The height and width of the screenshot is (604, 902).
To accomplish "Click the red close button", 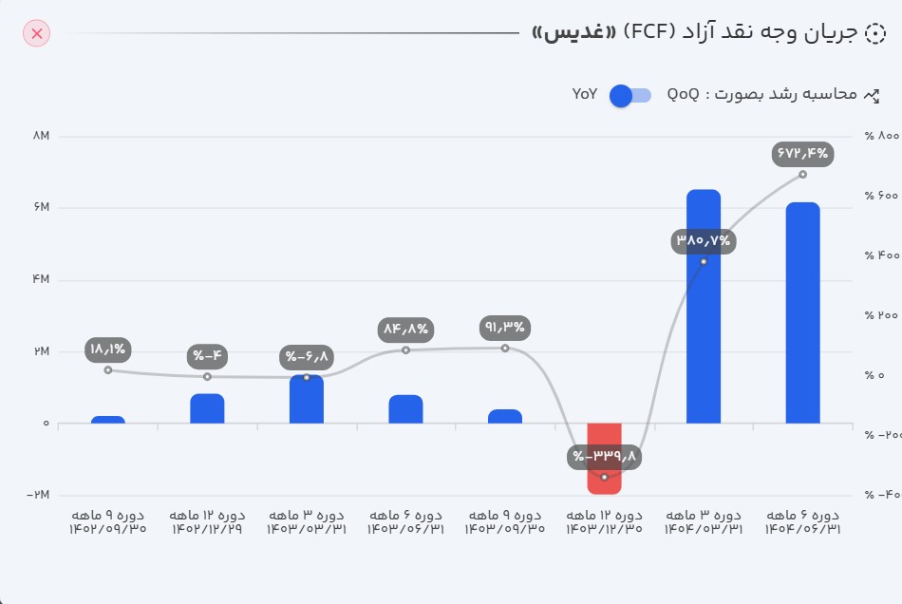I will point(36,34).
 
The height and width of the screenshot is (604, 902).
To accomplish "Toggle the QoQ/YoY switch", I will point(630,95).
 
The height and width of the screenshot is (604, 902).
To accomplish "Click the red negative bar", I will point(604,458).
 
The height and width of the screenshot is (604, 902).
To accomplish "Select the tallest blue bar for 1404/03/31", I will point(704,306).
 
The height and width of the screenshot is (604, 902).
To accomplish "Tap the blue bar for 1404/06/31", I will point(802,312).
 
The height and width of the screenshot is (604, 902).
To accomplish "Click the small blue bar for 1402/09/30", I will point(108,420).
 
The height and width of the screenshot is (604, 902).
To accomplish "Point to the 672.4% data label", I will point(802,152).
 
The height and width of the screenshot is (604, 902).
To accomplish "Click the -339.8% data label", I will point(605,457).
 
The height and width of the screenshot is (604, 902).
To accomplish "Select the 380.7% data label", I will point(704,240).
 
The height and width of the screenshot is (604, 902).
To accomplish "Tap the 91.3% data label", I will point(505,328).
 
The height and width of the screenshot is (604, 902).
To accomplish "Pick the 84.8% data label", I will point(405,330).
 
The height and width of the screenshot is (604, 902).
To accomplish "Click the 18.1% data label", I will point(108,349).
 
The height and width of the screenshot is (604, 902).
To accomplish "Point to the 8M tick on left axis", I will point(41,137).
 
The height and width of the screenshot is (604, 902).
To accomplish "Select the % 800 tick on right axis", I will point(881,137).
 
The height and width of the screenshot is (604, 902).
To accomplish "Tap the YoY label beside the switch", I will point(585,94).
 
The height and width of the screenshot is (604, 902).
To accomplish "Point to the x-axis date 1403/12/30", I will point(604,529).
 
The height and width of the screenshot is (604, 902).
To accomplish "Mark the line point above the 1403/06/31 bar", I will point(405,350).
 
